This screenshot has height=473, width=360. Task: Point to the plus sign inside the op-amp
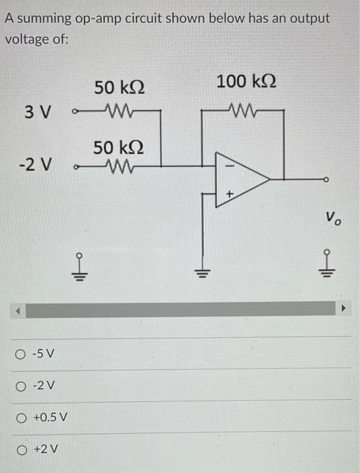tap(228, 194)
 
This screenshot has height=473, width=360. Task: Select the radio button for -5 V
tap(22, 354)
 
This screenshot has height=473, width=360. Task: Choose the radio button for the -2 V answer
tap(22, 385)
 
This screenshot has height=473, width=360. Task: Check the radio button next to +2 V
tap(22, 448)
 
